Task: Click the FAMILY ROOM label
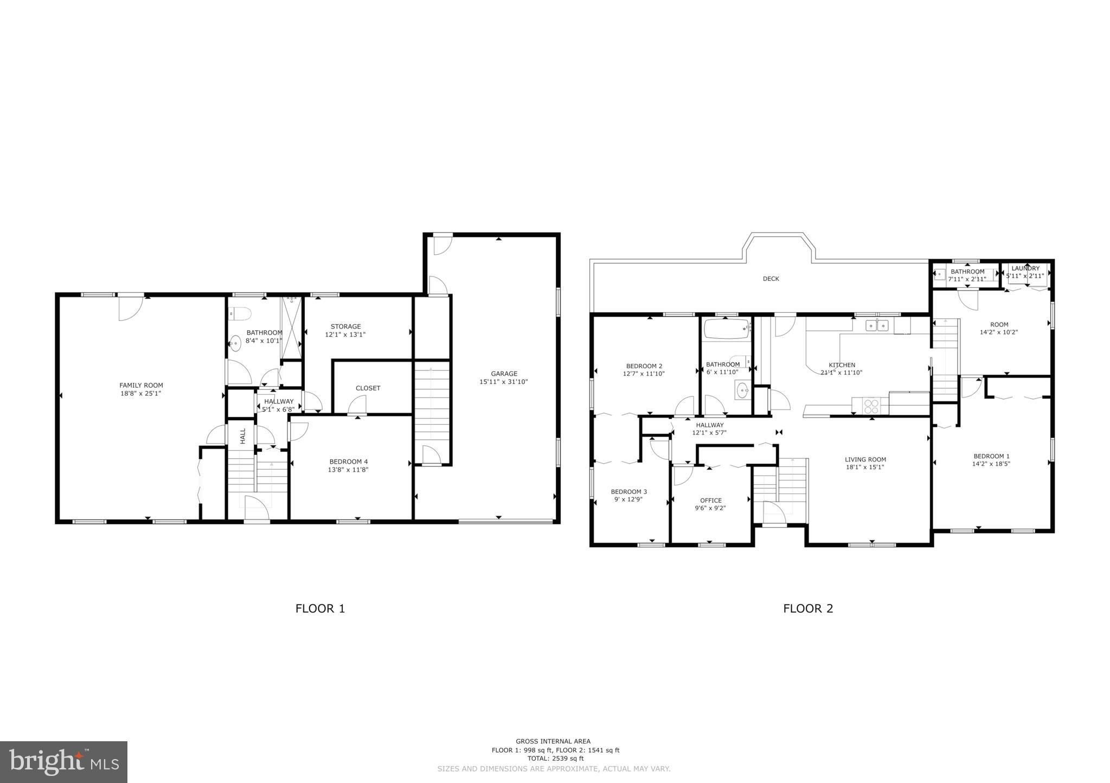141,386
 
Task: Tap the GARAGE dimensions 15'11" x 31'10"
504,382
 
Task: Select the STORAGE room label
345,326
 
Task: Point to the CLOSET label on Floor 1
368,388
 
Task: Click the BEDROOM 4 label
348,462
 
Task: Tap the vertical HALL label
243,436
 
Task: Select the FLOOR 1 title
320,608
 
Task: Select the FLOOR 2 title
807,608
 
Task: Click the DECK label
771,279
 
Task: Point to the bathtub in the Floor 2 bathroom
727,329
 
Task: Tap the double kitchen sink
877,325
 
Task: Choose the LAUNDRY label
1025,268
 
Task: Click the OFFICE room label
710,500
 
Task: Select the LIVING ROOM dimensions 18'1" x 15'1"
865,467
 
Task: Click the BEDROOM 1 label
991,456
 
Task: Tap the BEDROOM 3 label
628,492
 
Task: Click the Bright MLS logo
63,762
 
